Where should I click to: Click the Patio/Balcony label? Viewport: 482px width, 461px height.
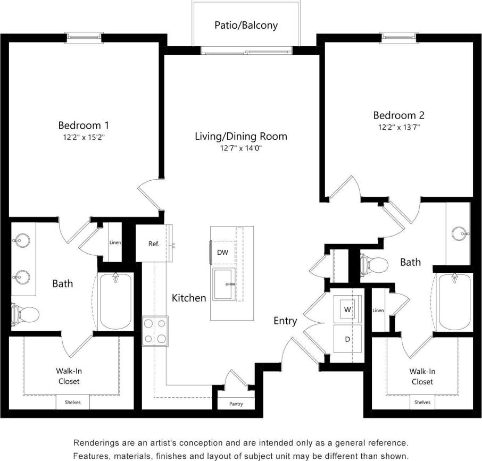pyautogui.click(x=246, y=25)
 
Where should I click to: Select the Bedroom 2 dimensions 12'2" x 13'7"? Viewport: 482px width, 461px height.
pyautogui.click(x=398, y=127)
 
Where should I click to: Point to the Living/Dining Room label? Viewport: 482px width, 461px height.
pyautogui.click(x=240, y=136)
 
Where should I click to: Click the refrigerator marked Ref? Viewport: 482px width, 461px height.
pyautogui.click(x=154, y=244)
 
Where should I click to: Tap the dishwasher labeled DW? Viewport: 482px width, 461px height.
pyautogui.click(x=222, y=252)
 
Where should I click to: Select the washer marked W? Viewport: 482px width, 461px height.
pyautogui.click(x=347, y=309)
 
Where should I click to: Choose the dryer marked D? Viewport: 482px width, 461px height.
pyautogui.click(x=347, y=338)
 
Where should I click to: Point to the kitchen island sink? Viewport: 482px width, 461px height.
pyautogui.click(x=227, y=284)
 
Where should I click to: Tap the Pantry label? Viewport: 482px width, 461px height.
pyautogui.click(x=236, y=404)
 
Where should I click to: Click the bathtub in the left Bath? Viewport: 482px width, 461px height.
pyautogui.click(x=115, y=301)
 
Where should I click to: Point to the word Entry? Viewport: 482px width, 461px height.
pyautogui.click(x=285, y=321)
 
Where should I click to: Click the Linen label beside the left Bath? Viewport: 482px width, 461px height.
pyautogui.click(x=115, y=242)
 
